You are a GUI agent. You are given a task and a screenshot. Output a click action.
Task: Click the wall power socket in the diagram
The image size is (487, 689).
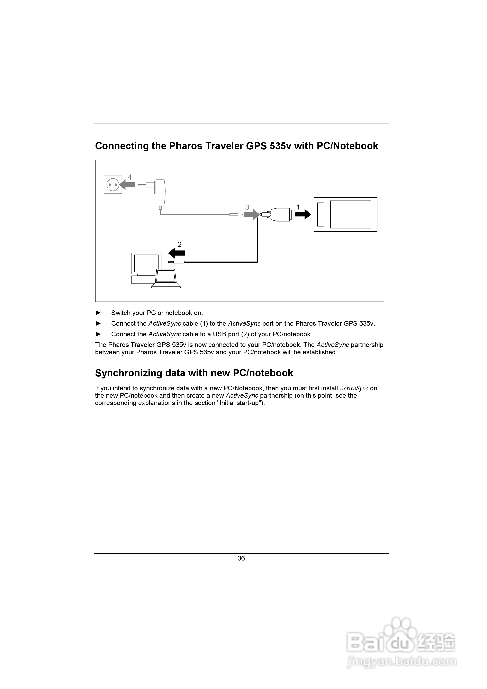coord(113,185)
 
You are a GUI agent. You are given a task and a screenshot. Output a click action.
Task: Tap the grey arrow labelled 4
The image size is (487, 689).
coord(127,185)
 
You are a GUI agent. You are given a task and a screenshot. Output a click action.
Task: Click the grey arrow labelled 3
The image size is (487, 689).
coord(251,214)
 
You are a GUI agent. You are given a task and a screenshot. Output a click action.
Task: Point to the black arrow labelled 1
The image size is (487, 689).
coord(303,214)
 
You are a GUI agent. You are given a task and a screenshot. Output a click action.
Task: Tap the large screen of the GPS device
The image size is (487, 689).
coord(350,214)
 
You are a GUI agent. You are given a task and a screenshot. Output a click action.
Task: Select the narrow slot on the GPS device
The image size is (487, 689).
coord(321,214)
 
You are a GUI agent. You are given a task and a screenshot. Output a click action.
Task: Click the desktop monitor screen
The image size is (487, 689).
coord(146,263)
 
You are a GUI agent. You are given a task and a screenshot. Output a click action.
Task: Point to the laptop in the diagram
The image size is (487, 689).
coord(166,279)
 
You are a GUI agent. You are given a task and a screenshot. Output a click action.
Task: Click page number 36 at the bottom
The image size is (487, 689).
coord(241,558)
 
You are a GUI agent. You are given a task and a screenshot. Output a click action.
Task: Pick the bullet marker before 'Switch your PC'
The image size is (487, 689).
coord(98,313)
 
